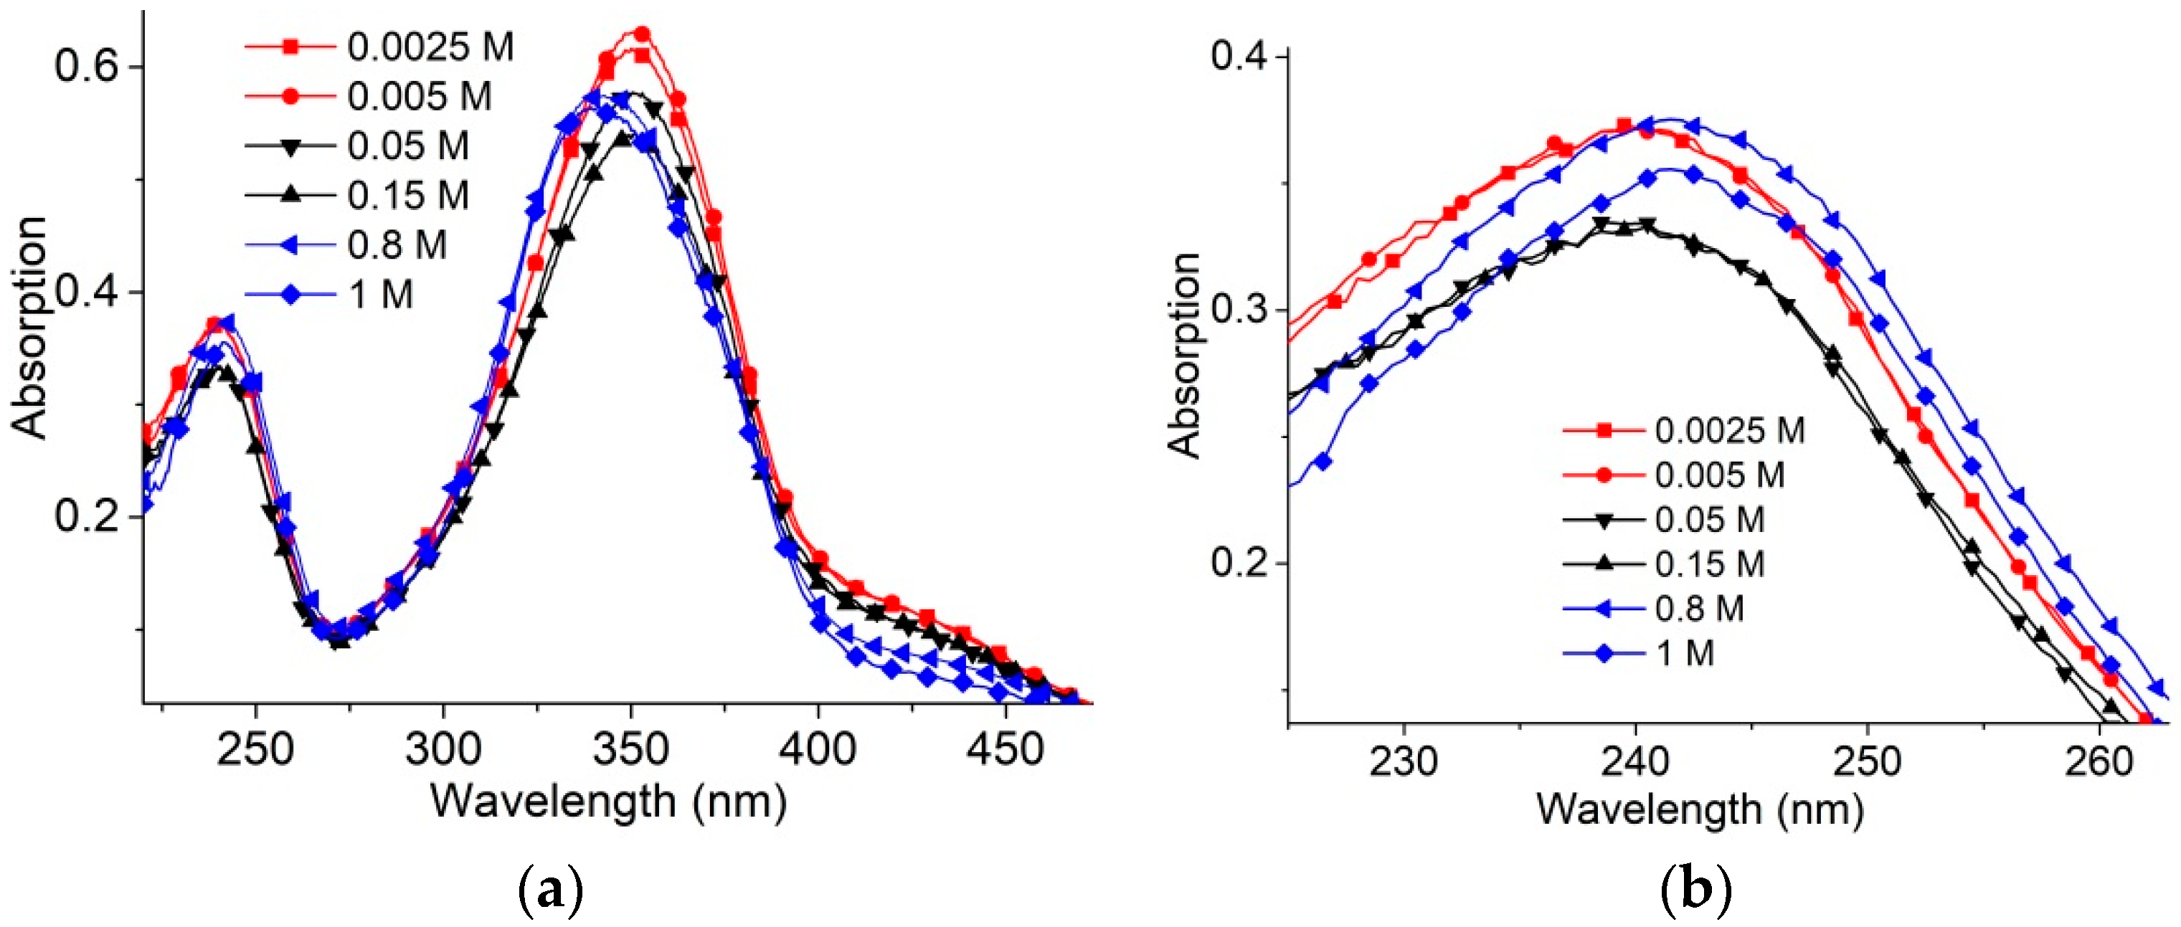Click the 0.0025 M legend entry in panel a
click(430, 47)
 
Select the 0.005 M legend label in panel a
click(419, 97)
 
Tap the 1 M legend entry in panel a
click(380, 295)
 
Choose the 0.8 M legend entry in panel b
click(1698, 609)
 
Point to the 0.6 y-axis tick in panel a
click(85, 66)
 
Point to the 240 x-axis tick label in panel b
click(1635, 761)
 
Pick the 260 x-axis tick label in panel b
click(2098, 761)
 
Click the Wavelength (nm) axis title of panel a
click(608, 801)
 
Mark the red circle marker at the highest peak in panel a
click(642, 34)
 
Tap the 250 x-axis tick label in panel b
click(1867, 761)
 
